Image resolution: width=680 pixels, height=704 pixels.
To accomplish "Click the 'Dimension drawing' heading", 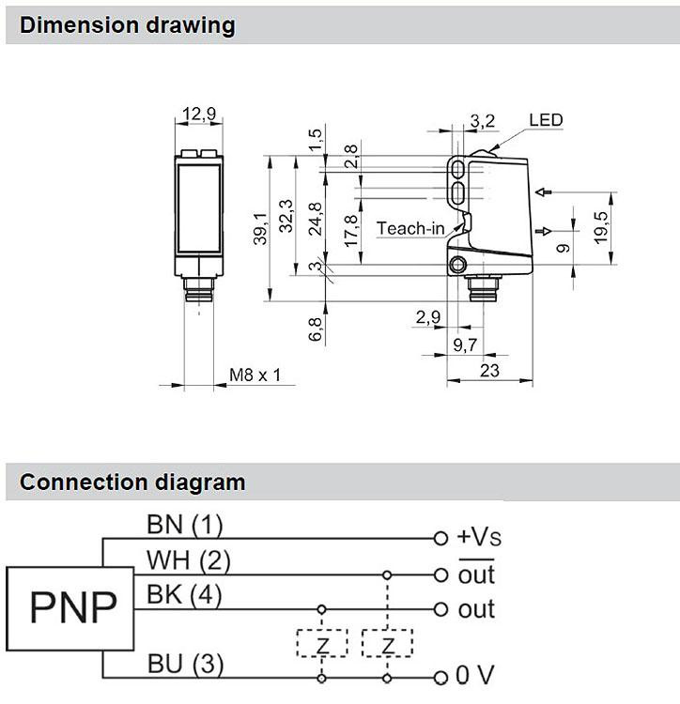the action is click(x=127, y=25).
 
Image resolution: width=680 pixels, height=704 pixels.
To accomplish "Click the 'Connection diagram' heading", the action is click(x=132, y=482).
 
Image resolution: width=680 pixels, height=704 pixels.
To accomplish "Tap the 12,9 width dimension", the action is click(x=199, y=114).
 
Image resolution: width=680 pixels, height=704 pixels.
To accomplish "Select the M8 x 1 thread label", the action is click(x=255, y=375).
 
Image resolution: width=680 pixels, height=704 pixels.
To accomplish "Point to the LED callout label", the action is click(x=546, y=120).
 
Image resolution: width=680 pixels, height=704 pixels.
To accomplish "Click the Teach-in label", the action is click(x=410, y=228).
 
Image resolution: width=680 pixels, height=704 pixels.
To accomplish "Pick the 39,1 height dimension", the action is click(x=260, y=229).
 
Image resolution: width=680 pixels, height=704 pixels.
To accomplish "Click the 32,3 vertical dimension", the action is click(x=286, y=216).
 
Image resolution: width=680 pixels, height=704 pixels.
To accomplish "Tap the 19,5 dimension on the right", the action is click(x=601, y=228).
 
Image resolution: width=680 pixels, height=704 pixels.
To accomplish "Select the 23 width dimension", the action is click(x=489, y=371).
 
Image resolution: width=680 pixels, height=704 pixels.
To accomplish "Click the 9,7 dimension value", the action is click(x=465, y=344).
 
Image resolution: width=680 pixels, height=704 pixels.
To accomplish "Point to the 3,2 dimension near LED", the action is click(x=483, y=121).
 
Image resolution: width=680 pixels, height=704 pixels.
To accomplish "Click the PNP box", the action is click(x=70, y=608).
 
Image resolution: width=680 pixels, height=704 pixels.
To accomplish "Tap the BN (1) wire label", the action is click(x=185, y=525).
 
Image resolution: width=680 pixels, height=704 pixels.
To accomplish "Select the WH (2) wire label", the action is click(x=188, y=560).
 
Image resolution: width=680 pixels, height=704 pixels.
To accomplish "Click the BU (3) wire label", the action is click(x=185, y=664).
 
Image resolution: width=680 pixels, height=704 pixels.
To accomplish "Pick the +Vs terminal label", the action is click(x=479, y=537).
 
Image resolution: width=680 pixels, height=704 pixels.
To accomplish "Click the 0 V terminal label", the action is click(x=475, y=674).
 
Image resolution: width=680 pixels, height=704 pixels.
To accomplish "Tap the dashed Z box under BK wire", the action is click(x=322, y=643).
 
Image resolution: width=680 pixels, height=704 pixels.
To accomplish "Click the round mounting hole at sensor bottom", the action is click(x=457, y=265).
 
